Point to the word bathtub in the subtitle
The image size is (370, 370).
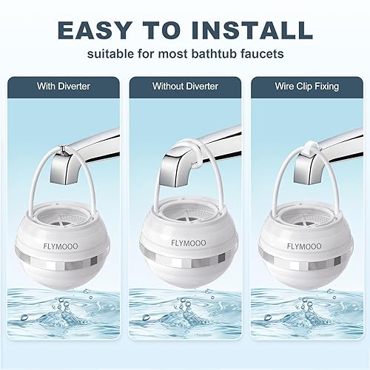pyautogui.click(x=221, y=55)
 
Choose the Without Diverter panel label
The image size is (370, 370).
pyautogui.click(x=185, y=87)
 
